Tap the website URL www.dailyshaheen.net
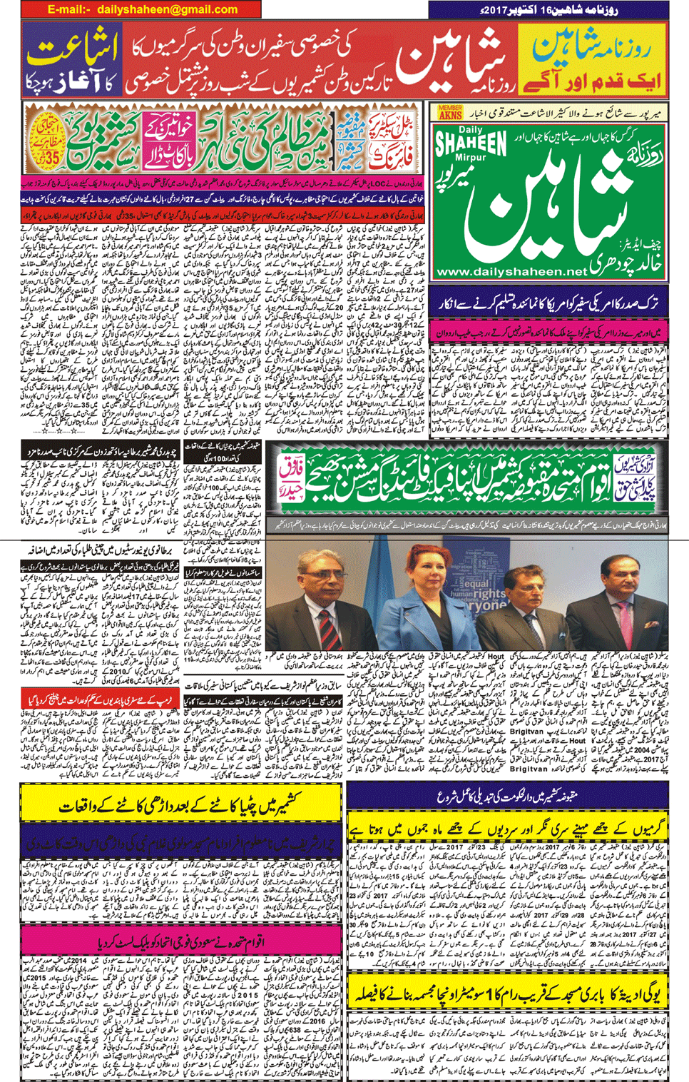(511, 272)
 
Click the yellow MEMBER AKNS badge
(450, 113)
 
